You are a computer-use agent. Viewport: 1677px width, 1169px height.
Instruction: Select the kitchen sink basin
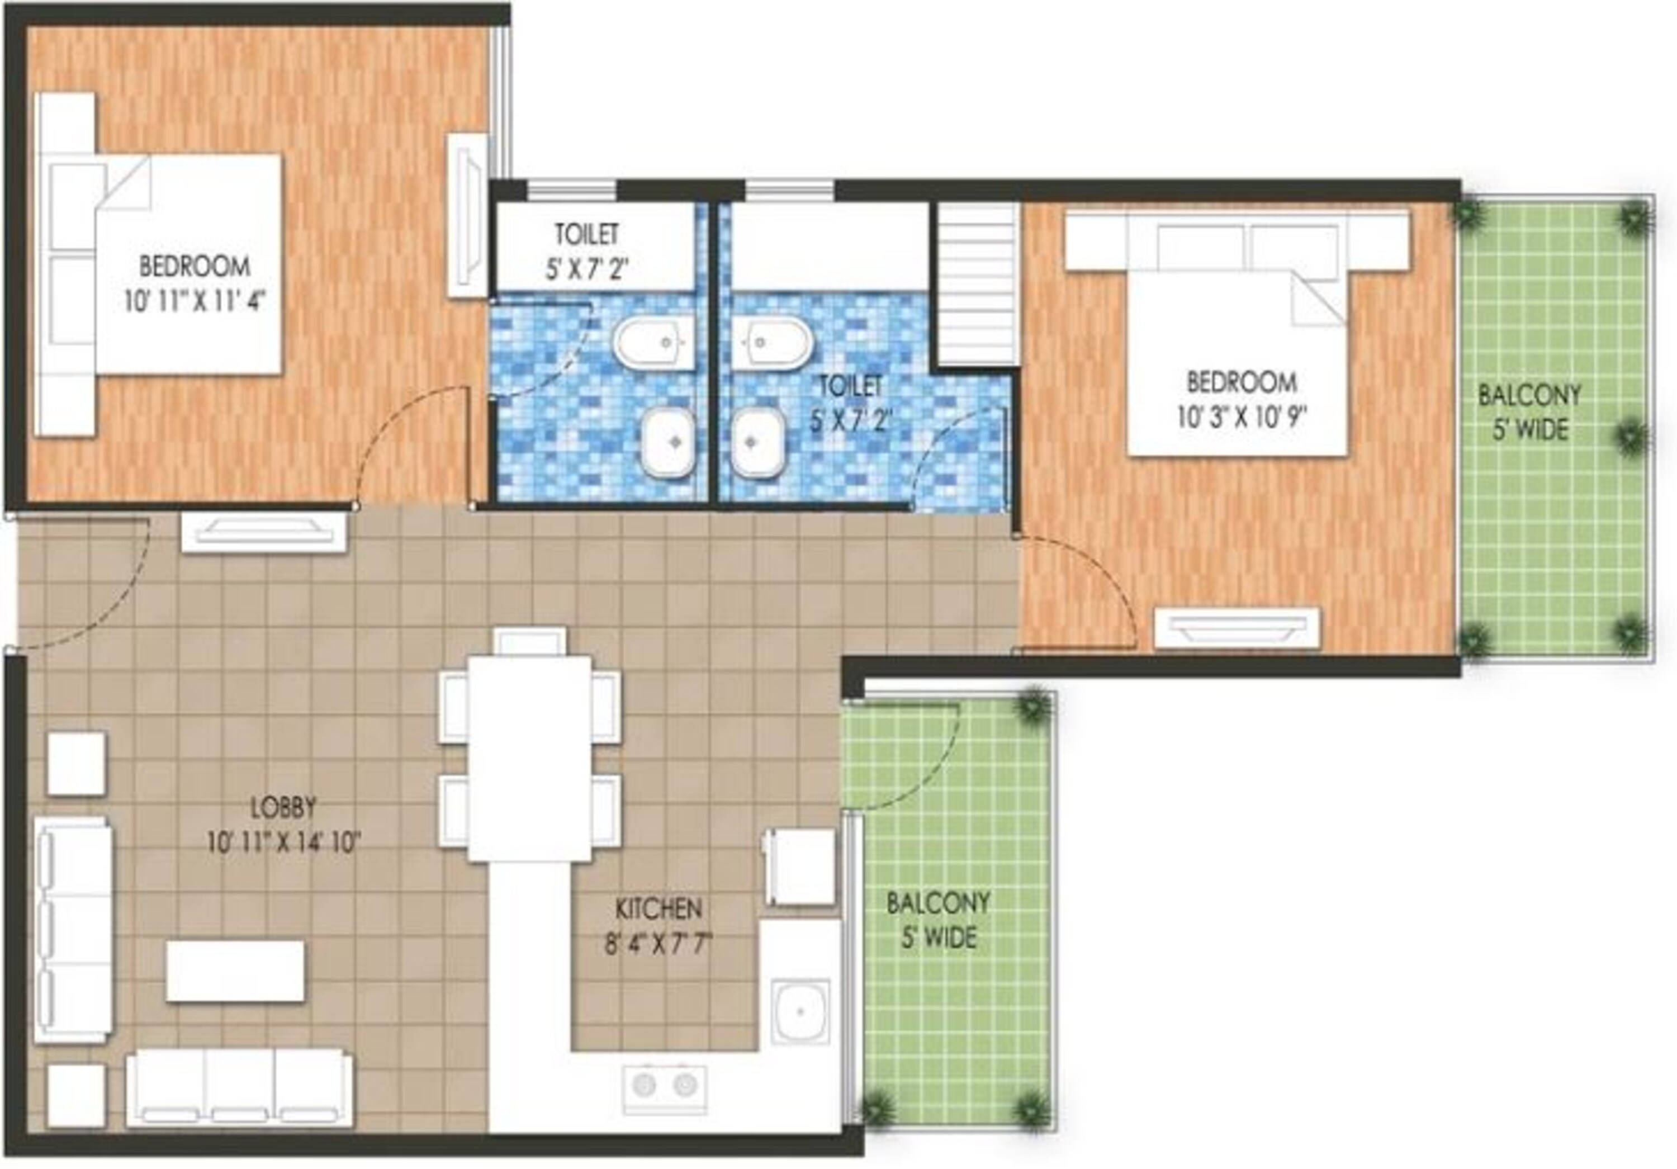tap(801, 1012)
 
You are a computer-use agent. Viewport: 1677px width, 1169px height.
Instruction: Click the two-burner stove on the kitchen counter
tap(665, 1085)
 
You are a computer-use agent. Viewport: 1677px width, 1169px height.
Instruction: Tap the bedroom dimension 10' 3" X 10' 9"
tap(1241, 418)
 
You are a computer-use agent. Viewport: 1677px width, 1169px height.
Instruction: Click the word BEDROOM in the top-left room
tap(195, 266)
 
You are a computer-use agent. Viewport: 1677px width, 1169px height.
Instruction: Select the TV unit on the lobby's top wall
tap(264, 532)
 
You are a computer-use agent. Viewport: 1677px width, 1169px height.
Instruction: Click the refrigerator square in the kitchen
tap(800, 867)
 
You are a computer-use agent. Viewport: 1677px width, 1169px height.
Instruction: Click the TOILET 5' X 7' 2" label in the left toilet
tap(588, 252)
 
